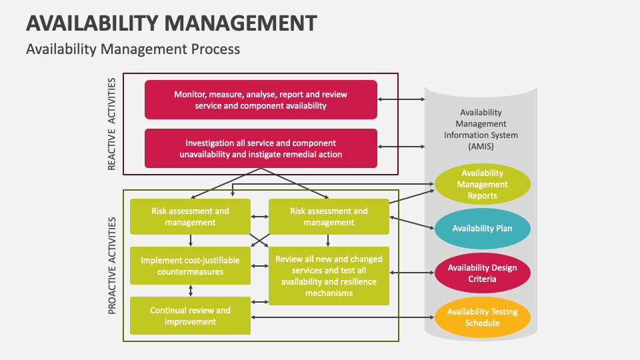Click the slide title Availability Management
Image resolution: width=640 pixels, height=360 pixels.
click(x=171, y=23)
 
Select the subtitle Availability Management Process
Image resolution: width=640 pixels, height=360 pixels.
click(x=133, y=49)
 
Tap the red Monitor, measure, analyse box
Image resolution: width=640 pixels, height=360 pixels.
click(x=261, y=100)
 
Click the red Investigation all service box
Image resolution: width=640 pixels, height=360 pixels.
click(x=261, y=148)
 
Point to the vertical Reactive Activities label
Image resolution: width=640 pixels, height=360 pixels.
click(x=111, y=124)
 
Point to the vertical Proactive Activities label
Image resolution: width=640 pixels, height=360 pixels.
click(x=111, y=265)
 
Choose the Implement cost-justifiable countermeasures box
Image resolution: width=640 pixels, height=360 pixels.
click(x=190, y=265)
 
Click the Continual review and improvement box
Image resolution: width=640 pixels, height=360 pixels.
click(x=190, y=316)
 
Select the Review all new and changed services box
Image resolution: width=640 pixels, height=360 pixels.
click(x=329, y=275)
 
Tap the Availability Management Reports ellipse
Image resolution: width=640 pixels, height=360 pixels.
click(x=482, y=184)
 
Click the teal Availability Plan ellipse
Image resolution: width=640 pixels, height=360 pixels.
click(x=482, y=229)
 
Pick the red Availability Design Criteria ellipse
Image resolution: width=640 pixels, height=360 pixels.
click(x=482, y=273)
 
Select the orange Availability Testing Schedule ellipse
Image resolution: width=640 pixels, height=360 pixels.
click(x=482, y=317)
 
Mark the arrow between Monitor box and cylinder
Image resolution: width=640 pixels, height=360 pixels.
click(x=401, y=99)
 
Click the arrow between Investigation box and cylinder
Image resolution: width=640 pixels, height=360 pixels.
click(x=401, y=146)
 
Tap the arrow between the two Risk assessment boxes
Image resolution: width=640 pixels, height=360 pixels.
click(x=259, y=217)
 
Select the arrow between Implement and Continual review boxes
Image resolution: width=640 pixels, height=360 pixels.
click(x=191, y=290)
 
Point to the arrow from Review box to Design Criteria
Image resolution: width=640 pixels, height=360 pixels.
click(x=412, y=272)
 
